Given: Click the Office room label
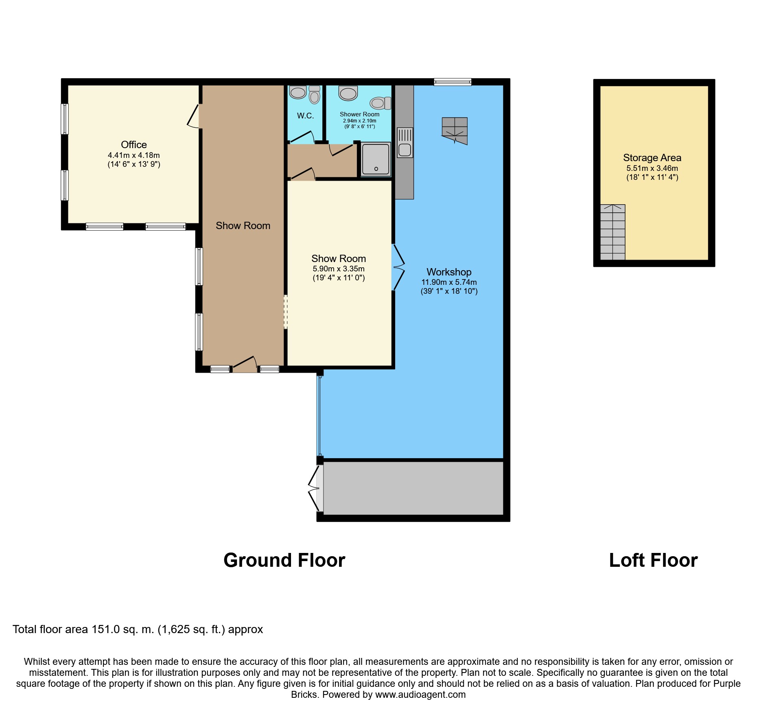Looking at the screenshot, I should pos(133,144).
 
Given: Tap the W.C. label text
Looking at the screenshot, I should pos(305,116).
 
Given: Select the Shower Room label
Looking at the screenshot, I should pos(359,114).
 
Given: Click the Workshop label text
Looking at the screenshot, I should pos(449,272).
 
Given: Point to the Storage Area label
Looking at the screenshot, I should pos(652,158).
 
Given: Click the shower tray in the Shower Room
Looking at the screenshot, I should pos(375,159).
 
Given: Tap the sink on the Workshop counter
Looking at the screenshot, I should pos(405,150).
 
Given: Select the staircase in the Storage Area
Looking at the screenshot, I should pos(613,232).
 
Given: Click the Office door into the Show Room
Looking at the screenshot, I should pos(194,116).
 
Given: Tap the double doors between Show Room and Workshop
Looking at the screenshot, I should pos(398,267).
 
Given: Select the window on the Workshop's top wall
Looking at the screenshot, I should pos(453,82).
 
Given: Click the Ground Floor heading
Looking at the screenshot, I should pos(284,560).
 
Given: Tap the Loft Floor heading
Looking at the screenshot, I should pos(653,560).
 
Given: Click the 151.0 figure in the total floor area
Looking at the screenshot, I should pos(105,629).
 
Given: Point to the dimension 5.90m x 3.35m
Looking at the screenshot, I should pos(338,269).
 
